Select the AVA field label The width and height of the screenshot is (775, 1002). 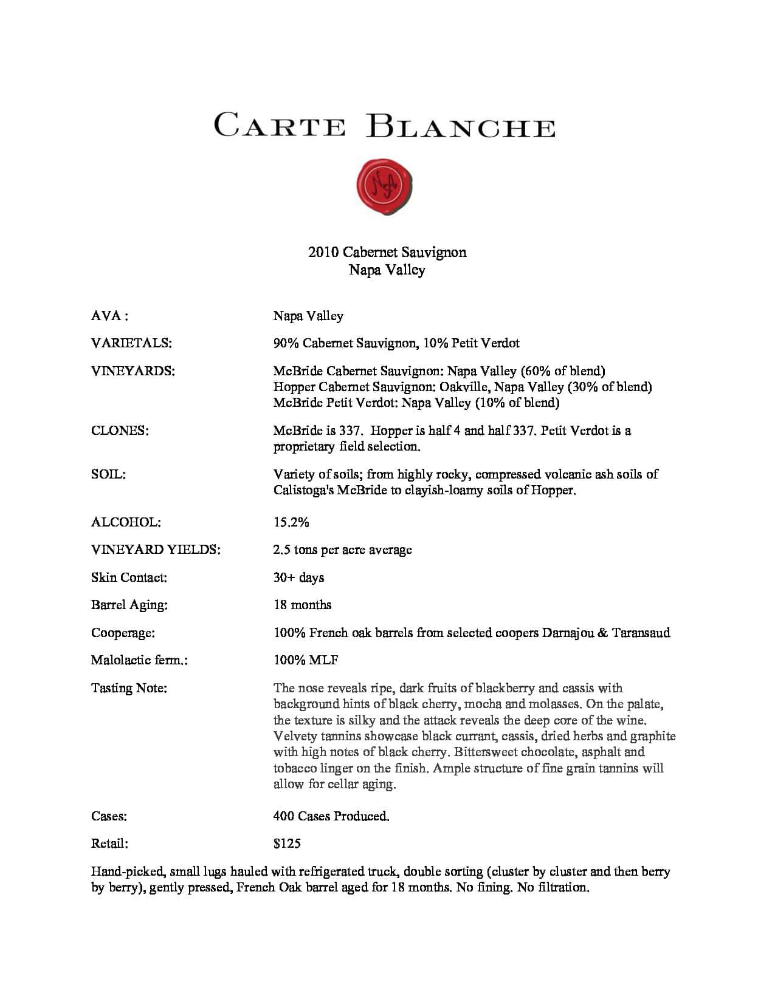109,316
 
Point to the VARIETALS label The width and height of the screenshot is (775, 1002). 131,343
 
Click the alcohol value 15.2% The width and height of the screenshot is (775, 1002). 291,522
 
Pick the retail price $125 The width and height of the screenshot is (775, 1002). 287,844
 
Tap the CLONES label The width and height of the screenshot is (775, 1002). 120,431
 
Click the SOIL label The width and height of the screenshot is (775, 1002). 108,474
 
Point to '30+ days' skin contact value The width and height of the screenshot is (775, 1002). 298,578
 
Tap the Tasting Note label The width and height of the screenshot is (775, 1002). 129,688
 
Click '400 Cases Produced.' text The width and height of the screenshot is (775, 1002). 331,816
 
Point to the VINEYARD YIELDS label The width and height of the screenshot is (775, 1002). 156,550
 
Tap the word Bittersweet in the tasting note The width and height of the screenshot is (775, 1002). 487,752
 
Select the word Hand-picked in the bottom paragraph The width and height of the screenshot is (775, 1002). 127,871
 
